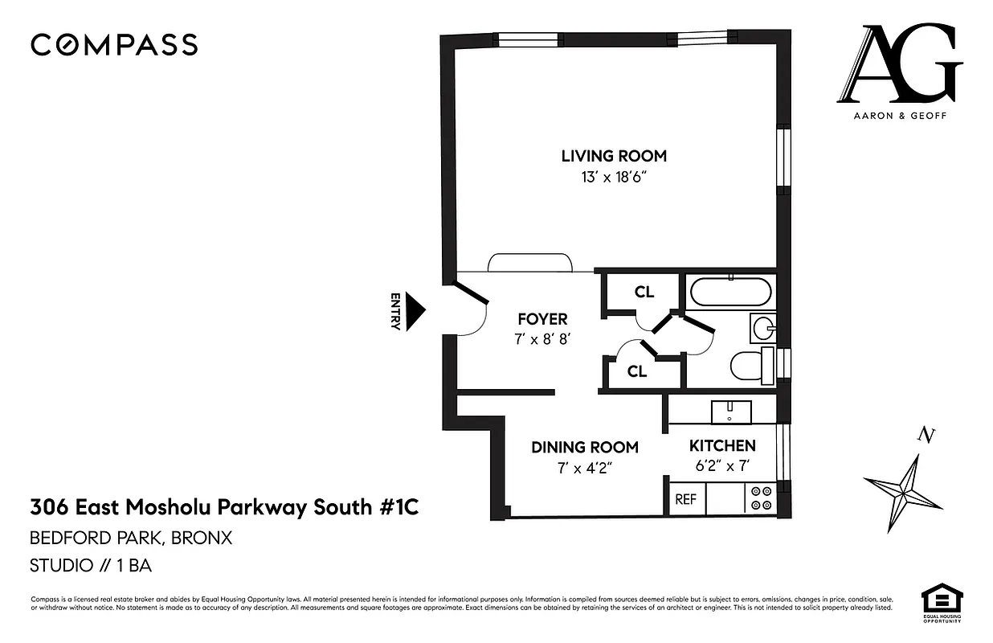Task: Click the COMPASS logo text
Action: (x=114, y=45)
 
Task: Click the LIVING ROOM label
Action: (x=614, y=156)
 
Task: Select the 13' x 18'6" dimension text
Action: (x=614, y=177)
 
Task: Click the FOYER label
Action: (x=542, y=319)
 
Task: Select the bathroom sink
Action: (x=763, y=328)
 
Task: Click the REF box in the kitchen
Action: (x=685, y=498)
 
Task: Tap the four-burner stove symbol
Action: (x=759, y=498)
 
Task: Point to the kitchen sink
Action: (x=730, y=412)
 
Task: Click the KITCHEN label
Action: (x=722, y=445)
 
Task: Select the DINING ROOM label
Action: (x=585, y=447)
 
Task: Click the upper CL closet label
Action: (x=644, y=292)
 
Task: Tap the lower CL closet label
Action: (x=637, y=371)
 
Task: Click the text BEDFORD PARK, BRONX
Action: (x=131, y=538)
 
